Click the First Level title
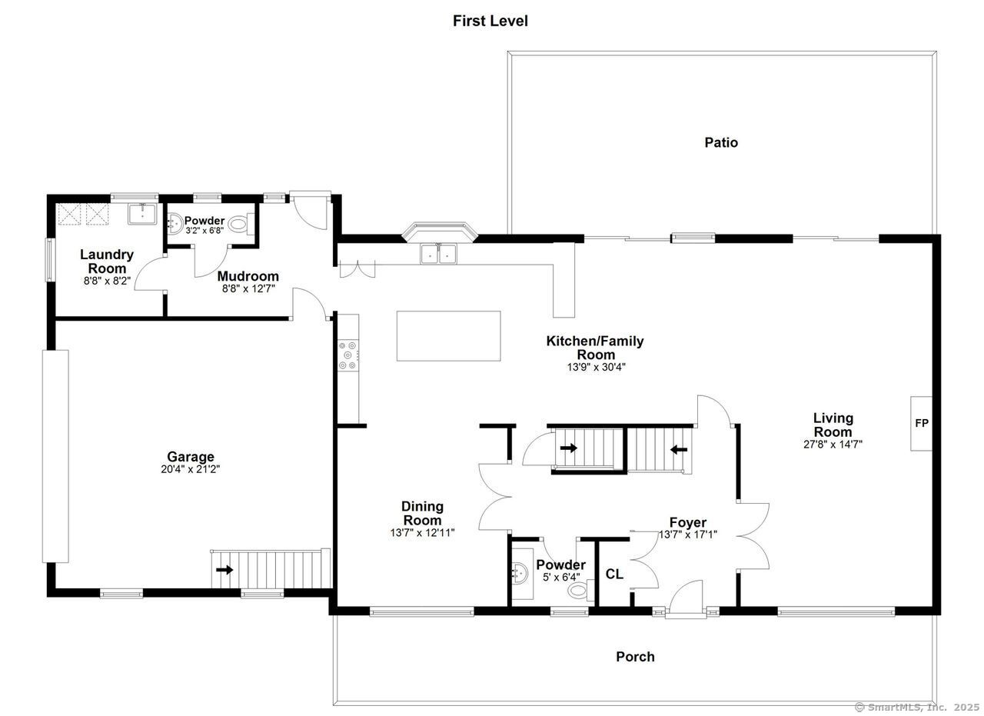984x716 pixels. pos(490,21)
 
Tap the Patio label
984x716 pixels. pos(721,142)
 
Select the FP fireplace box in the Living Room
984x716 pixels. pos(921,423)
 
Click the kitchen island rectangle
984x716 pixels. pos(448,335)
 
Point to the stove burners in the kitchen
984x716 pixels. pos(347,355)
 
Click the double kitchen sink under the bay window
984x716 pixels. pos(438,253)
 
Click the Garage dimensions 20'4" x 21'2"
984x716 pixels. pos(191,468)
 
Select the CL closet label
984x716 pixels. pos(614,574)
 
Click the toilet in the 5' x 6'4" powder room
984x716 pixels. pos(578,591)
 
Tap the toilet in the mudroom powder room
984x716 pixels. pos(239,225)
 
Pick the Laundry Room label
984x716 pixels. pos(107,261)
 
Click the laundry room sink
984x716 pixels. pos(141,213)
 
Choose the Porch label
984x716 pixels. pos(635,657)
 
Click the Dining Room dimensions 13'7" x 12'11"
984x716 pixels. pos(422,532)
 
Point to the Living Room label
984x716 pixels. pos(833,425)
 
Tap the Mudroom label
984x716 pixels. pos(248,276)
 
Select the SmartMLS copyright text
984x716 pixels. pos(917,706)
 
